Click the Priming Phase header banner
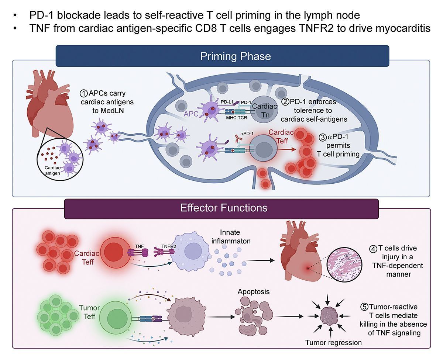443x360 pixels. [x=236, y=56]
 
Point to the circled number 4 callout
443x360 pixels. [x=373, y=248]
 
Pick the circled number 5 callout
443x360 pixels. [x=364, y=307]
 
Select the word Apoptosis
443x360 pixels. [x=253, y=291]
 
